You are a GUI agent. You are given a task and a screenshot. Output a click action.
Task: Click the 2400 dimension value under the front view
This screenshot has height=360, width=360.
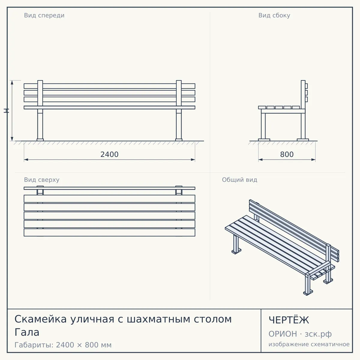[x=109, y=154]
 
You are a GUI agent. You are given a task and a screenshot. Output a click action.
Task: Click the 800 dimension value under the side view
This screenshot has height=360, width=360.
[x=287, y=154]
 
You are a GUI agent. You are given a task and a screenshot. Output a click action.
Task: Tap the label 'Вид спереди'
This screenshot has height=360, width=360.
[x=44, y=16]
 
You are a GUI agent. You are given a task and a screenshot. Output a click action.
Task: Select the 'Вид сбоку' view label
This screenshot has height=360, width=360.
[x=274, y=16]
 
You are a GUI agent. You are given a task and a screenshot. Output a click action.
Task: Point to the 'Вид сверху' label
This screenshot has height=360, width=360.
[x=42, y=180]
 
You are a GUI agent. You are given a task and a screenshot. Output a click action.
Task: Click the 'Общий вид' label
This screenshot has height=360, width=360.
[x=239, y=180]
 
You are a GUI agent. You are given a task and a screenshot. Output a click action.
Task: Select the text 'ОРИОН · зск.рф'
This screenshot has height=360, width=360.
[x=300, y=334]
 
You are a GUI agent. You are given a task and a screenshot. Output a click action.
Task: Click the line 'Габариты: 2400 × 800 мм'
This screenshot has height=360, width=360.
[x=63, y=345]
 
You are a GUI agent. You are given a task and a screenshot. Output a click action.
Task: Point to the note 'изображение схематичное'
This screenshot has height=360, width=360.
[x=309, y=344]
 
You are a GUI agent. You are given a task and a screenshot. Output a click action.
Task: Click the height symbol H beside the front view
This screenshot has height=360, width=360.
[x=6, y=111]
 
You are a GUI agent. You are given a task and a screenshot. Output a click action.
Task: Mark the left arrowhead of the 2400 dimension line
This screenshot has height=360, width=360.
[x=26, y=160]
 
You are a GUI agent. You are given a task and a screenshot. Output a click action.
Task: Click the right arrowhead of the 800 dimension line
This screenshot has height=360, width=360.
[x=313, y=160]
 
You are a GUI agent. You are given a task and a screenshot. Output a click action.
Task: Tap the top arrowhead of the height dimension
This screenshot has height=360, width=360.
[x=12, y=82]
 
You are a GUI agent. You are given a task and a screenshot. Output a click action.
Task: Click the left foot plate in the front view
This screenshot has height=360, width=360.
[x=40, y=140]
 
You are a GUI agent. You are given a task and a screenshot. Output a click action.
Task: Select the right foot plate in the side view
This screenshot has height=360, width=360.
[x=303, y=140]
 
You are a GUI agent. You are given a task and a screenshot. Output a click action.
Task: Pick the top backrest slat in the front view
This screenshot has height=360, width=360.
[x=109, y=86]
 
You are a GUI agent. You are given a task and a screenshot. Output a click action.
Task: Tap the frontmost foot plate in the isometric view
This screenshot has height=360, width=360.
[x=308, y=293]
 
